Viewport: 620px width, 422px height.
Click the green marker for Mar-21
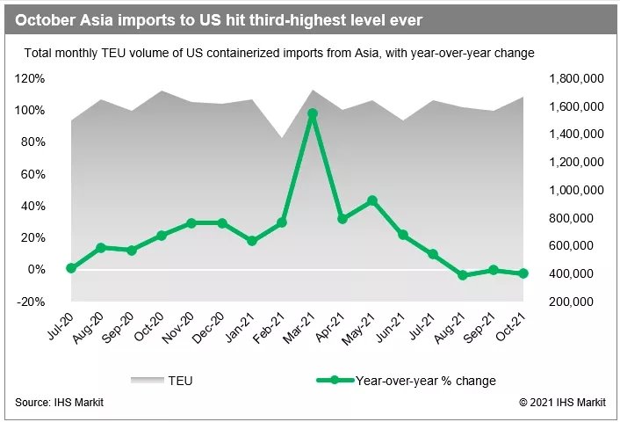pyautogui.click(x=312, y=114)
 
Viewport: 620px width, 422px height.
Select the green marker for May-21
pyautogui.click(x=372, y=200)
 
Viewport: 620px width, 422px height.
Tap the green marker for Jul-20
pyautogui.click(x=71, y=268)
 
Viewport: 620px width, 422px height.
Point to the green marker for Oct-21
pyautogui.click(x=523, y=273)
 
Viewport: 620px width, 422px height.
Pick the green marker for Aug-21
pyautogui.click(x=463, y=275)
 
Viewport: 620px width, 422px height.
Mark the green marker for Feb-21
pyautogui.click(x=282, y=222)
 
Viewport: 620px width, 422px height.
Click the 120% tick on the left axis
pyautogui.click(x=32, y=78)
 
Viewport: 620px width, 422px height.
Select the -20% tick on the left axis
pyautogui.click(x=32, y=302)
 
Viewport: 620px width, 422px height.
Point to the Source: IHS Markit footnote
pyautogui.click(x=57, y=403)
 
